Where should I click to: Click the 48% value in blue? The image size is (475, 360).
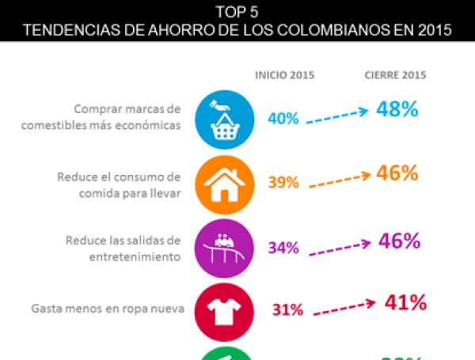click(397, 110)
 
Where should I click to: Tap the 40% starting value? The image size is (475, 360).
click(283, 119)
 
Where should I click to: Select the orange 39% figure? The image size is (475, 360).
click(283, 182)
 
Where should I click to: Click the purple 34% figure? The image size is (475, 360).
click(283, 248)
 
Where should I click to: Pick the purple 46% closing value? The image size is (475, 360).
click(398, 241)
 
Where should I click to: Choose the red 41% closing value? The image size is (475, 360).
click(405, 301)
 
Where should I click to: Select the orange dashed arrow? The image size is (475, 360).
click(339, 180)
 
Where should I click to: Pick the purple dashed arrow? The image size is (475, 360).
click(339, 245)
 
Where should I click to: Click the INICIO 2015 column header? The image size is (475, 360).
click(284, 75)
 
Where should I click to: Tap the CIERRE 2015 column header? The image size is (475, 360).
click(395, 75)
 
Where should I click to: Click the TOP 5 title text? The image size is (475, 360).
click(237, 12)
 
